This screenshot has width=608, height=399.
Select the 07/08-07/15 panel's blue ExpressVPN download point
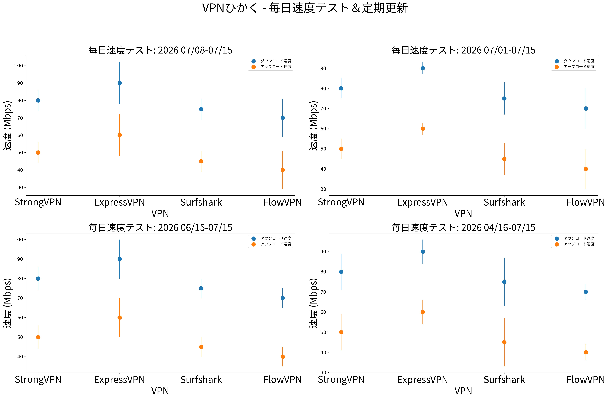[120, 83]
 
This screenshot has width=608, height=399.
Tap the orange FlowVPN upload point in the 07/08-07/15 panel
[283, 170]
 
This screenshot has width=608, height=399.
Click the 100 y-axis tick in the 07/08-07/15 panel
[19, 66]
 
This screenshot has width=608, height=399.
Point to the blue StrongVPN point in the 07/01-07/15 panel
[341, 88]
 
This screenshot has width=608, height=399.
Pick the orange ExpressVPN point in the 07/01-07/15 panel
[423, 129]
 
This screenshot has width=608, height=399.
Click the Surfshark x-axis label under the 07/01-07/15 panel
[504, 202]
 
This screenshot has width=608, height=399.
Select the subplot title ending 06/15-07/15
[160, 227]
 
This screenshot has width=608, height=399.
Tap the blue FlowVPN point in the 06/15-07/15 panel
[283, 298]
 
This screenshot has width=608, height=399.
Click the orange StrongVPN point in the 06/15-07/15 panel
[38, 337]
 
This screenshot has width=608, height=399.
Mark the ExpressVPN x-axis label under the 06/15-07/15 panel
[120, 380]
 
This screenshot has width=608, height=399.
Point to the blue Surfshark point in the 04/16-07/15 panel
[504, 282]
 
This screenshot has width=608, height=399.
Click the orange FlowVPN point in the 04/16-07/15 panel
[586, 352]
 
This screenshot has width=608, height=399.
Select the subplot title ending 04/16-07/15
[463, 227]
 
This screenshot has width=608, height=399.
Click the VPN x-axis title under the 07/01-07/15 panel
[463, 213]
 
